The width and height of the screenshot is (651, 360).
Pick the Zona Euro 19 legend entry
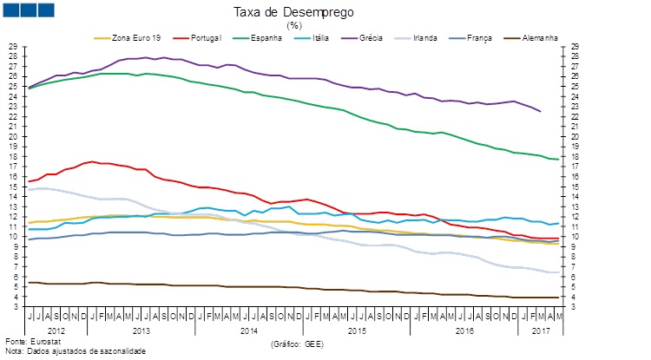[131, 38]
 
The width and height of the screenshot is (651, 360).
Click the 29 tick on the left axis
[11, 46]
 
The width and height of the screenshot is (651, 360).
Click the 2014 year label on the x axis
[249, 331]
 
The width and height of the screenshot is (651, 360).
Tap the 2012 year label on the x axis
[56, 331]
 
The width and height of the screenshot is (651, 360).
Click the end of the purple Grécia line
[540, 111]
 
